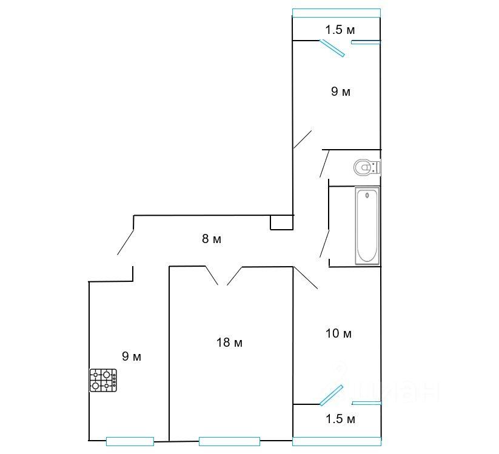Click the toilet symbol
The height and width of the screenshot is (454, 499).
pyautogui.click(x=367, y=167)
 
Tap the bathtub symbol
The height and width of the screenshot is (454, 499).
pyautogui.click(x=367, y=225)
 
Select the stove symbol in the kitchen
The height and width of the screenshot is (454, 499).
pyautogui.click(x=103, y=380)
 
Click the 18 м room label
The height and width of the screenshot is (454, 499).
pyautogui.click(x=229, y=342)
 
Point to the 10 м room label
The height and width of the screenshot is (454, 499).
pyautogui.click(x=338, y=333)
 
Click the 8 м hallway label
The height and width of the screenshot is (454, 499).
pyautogui.click(x=212, y=239)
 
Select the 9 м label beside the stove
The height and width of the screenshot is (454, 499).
pyautogui.click(x=132, y=356)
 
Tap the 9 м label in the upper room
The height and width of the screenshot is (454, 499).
pyautogui.click(x=341, y=92)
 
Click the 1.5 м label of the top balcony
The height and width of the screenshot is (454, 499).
pyautogui.click(x=340, y=30)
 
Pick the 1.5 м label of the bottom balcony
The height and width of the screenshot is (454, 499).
pyautogui.click(x=340, y=419)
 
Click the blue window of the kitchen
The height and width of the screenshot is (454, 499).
pyautogui.click(x=130, y=441)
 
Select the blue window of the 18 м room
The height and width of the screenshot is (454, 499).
pyautogui.click(x=229, y=441)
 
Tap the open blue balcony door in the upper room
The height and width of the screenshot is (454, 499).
pyautogui.click(x=332, y=48)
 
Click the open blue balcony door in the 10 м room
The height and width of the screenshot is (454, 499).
pyautogui.click(x=331, y=395)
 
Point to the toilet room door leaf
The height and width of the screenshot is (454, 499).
pyautogui.click(x=324, y=164)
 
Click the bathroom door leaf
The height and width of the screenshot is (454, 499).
pyautogui.click(x=324, y=244)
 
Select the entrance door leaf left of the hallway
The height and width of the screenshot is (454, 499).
pyautogui.click(x=126, y=242)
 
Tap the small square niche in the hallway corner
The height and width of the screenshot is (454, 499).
pyautogui.click(x=282, y=222)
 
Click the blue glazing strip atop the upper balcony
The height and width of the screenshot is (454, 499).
pyautogui.click(x=337, y=13)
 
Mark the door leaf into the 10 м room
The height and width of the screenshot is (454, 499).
pyautogui.click(x=306, y=278)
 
